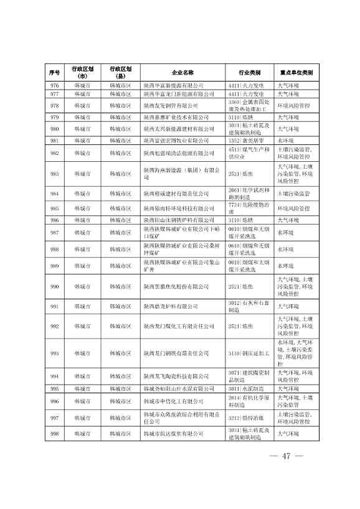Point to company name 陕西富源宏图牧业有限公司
point(176,141)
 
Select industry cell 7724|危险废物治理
point(249,208)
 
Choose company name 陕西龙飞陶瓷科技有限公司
point(176,376)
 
